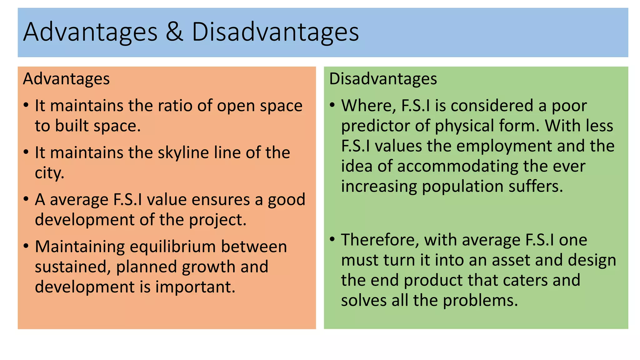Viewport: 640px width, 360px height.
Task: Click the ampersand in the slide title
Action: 174,32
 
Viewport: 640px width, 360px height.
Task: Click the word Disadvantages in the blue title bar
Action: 275,32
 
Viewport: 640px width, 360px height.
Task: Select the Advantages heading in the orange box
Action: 66,79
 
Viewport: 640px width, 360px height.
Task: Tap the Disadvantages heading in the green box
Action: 383,79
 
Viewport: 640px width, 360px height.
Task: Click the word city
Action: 49,173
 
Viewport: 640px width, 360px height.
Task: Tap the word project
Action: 217,220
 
